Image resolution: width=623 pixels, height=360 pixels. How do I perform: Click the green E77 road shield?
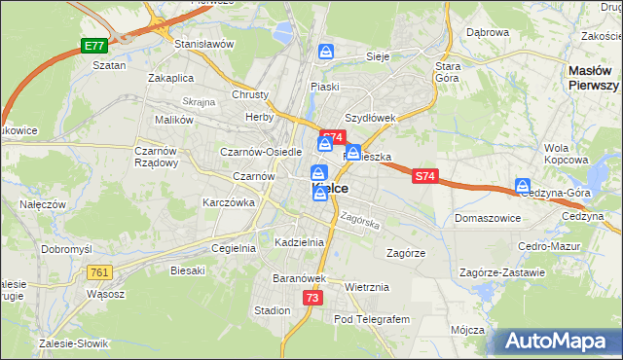tap(94, 46)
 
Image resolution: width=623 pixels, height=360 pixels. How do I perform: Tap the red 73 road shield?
tap(311, 298)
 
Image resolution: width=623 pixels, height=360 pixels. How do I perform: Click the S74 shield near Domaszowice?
tap(423, 176)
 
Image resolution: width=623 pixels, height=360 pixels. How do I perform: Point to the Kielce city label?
tap(331, 187)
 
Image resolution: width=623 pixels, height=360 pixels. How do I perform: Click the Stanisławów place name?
tap(204, 44)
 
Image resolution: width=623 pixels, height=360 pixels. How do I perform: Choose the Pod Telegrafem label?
tap(373, 318)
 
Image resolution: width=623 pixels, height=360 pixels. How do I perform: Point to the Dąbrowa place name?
tap(488, 32)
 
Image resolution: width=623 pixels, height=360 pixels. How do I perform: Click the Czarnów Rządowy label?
tap(156, 157)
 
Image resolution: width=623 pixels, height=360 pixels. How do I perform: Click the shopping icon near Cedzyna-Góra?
tap(523, 186)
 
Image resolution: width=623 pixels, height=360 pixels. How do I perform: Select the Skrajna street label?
tap(198, 101)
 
